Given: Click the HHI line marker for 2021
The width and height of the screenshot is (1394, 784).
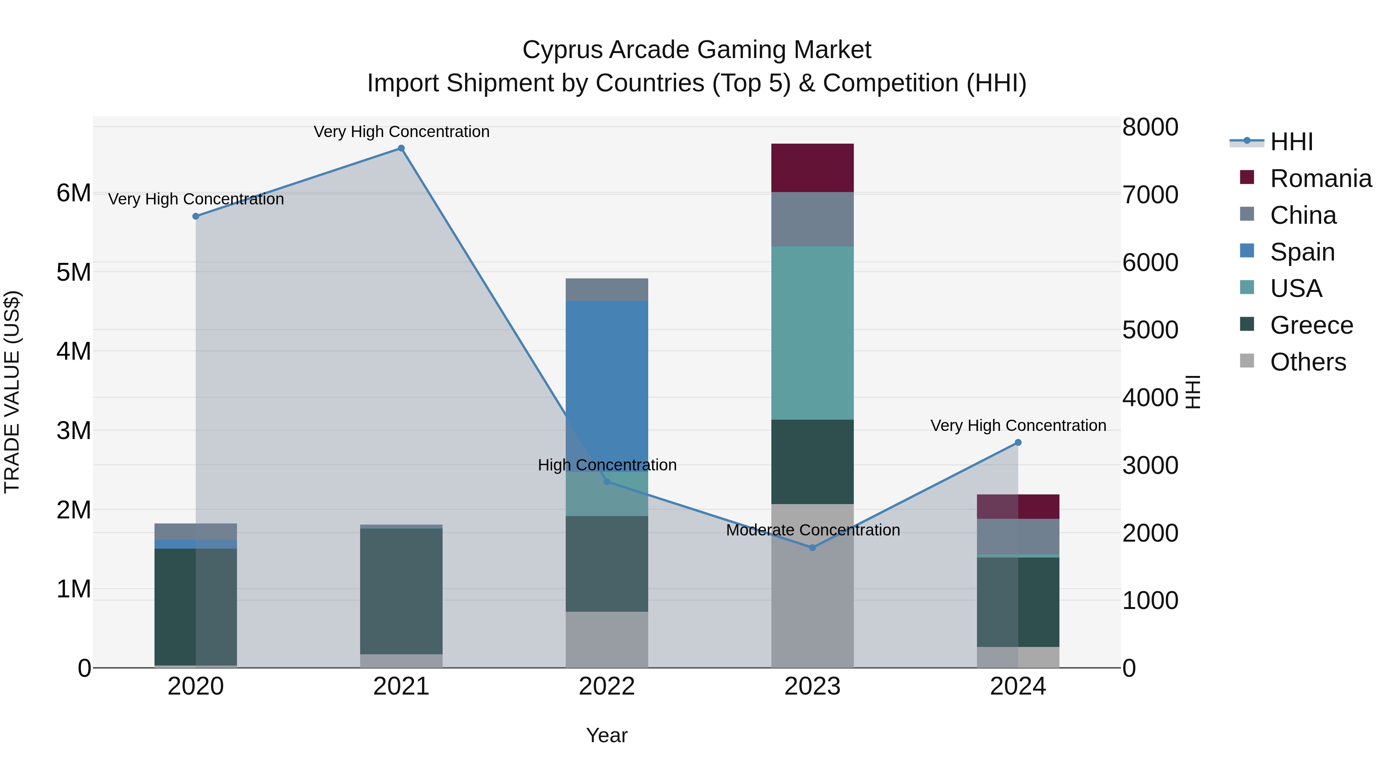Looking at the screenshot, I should pyautogui.click(x=401, y=148).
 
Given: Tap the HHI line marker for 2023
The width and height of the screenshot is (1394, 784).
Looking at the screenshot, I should pyautogui.click(x=812, y=547).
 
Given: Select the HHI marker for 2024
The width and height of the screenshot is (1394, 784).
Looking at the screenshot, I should pyautogui.click(x=1018, y=443).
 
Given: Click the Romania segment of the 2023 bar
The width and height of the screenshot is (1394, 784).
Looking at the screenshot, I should pyautogui.click(x=812, y=168).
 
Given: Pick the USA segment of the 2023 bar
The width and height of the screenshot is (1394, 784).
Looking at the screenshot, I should pyautogui.click(x=812, y=333).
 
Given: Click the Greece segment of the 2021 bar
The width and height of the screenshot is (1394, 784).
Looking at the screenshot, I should pyautogui.click(x=401, y=591).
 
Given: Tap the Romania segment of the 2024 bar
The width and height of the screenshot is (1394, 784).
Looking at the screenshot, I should pyautogui.click(x=1018, y=506).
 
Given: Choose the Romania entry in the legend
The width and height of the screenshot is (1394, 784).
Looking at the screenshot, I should pyautogui.click(x=1320, y=178).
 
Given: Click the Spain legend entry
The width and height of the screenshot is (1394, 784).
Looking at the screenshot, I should pyautogui.click(x=1302, y=252).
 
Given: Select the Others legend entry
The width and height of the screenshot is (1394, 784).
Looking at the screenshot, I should pyautogui.click(x=1307, y=362).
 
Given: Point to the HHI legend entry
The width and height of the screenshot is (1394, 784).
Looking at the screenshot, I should pyautogui.click(x=1291, y=142).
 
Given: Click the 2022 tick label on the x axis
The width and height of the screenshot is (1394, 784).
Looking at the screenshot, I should pyautogui.click(x=607, y=686).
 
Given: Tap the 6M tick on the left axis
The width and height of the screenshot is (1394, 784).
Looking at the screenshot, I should pyautogui.click(x=74, y=193).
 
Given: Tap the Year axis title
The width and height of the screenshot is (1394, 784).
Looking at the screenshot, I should pyautogui.click(x=607, y=735).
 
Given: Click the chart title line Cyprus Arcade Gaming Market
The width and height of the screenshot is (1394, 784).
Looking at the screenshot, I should pyautogui.click(x=697, y=50).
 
